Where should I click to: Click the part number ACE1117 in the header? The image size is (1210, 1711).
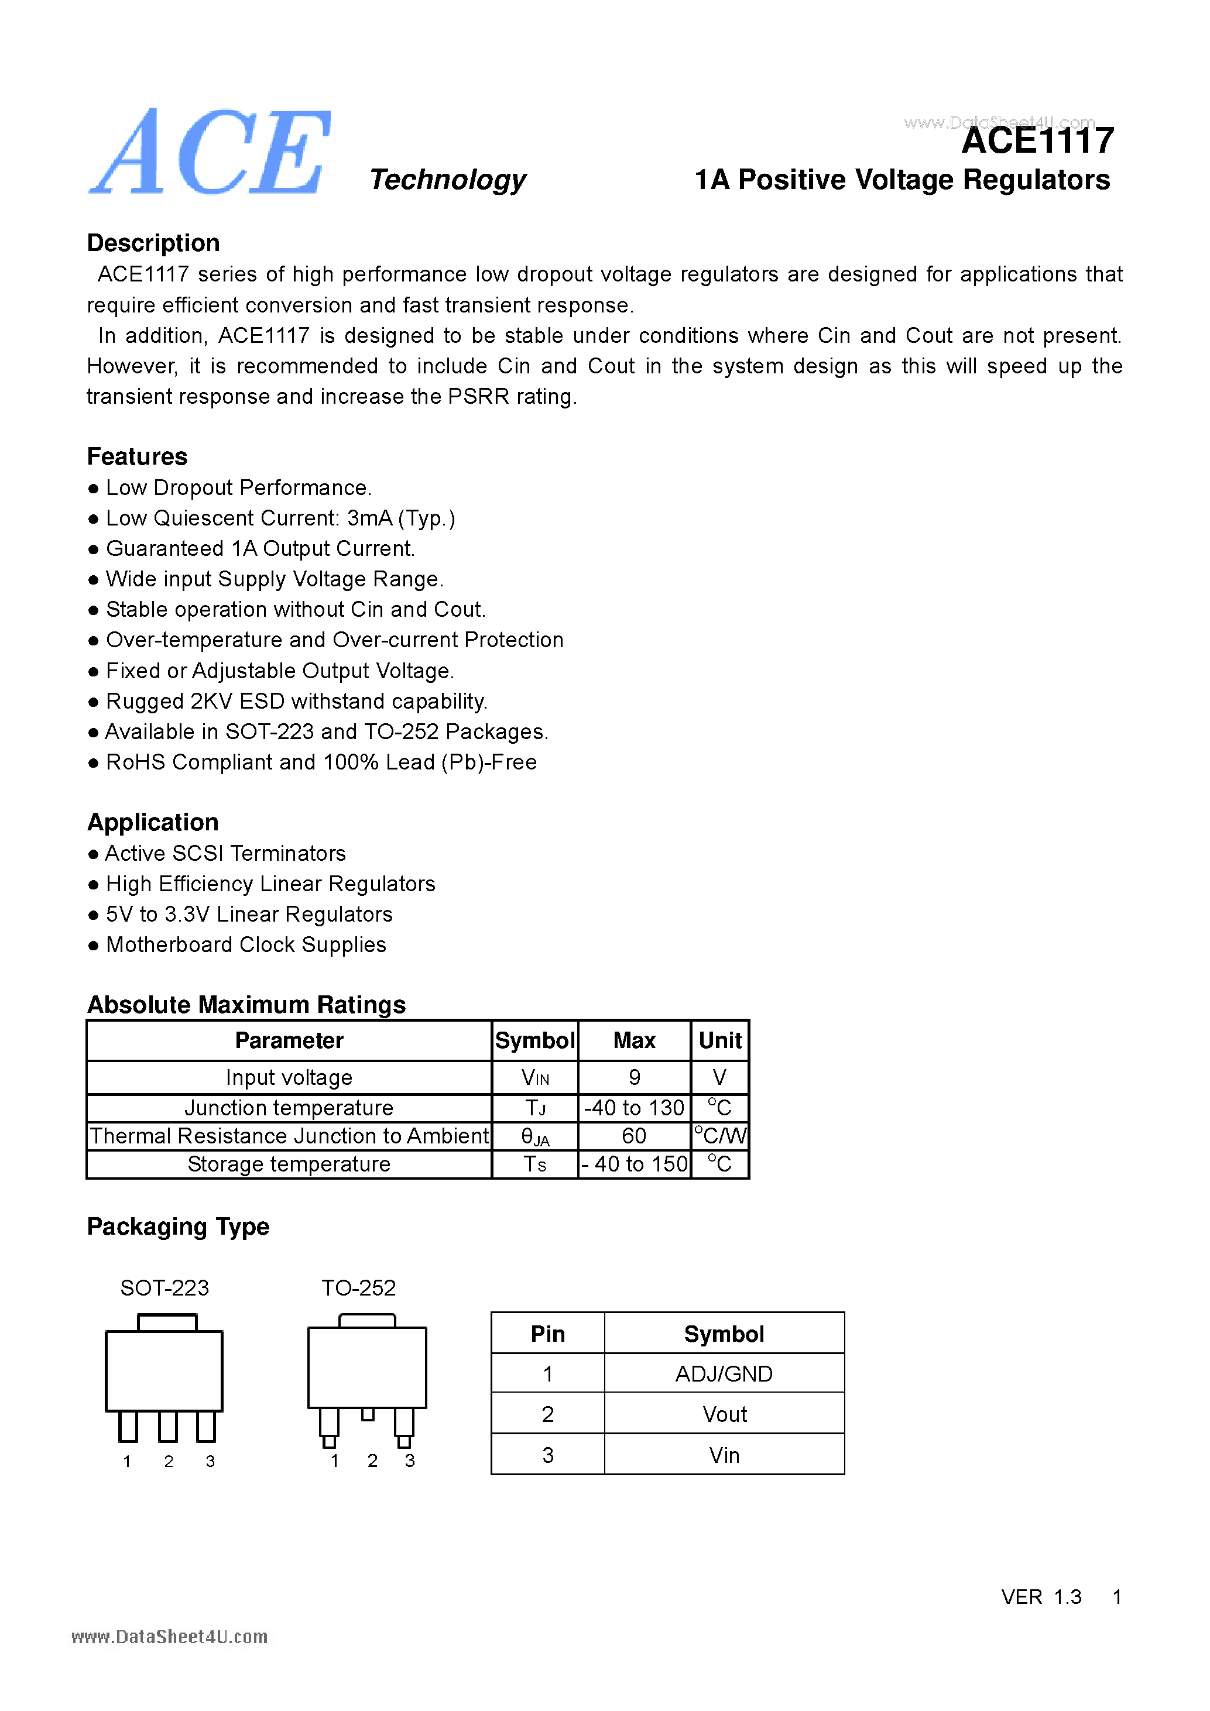[x=1037, y=141]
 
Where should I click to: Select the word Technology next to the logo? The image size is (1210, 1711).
[x=447, y=180]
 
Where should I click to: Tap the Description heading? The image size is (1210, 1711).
[x=153, y=243]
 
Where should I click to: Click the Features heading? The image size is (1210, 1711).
[x=137, y=456]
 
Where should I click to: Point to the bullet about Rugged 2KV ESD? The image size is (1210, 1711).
[x=296, y=701]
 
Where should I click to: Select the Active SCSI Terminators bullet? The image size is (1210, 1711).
[x=224, y=853]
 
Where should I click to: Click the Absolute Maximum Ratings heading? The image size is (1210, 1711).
[x=246, y=1005]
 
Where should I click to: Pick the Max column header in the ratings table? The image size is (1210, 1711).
[x=634, y=1040]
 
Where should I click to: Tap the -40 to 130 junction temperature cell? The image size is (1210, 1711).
[x=634, y=1108]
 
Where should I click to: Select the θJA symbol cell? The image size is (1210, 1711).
[x=534, y=1136]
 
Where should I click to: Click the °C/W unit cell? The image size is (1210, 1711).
[x=719, y=1136]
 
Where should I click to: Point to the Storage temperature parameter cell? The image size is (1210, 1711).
[x=289, y=1164]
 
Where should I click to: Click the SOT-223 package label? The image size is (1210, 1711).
[x=164, y=1288]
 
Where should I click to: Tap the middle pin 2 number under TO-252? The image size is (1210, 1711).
[x=372, y=1461]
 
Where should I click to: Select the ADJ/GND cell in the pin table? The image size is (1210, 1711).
[x=723, y=1373]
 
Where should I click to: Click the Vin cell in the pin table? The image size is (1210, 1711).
[x=723, y=1455]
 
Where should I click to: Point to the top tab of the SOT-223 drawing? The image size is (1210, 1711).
[x=167, y=1322]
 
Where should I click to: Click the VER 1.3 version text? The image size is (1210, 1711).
[x=1041, y=1597]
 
